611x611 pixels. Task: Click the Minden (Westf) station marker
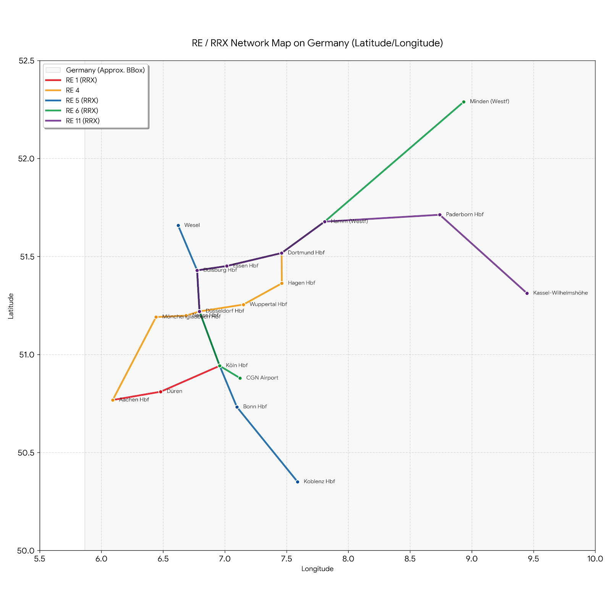click(x=464, y=102)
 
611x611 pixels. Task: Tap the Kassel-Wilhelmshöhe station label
click(x=560, y=293)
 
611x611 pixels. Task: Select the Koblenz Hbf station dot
click(x=297, y=482)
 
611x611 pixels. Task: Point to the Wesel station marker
click(x=178, y=226)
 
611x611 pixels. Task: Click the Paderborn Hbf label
click(x=464, y=215)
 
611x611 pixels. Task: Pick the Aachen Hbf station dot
click(x=113, y=400)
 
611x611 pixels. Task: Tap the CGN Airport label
click(x=262, y=378)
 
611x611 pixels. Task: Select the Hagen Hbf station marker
click(x=282, y=283)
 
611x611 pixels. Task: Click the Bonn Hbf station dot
click(x=237, y=407)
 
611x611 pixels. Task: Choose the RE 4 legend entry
click(x=73, y=91)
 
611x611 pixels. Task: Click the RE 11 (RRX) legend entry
click(x=82, y=121)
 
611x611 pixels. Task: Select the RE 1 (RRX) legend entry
click(x=81, y=81)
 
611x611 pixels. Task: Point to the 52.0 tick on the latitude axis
click(x=27, y=158)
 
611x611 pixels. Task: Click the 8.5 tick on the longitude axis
click(x=410, y=559)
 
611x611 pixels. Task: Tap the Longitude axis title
click(x=317, y=569)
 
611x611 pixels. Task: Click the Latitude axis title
click(x=11, y=305)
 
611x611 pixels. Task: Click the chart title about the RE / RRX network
click(x=317, y=43)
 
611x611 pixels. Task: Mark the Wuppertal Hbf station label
click(x=268, y=305)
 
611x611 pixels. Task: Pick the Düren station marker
click(x=161, y=392)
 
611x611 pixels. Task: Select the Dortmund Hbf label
click(x=306, y=253)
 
